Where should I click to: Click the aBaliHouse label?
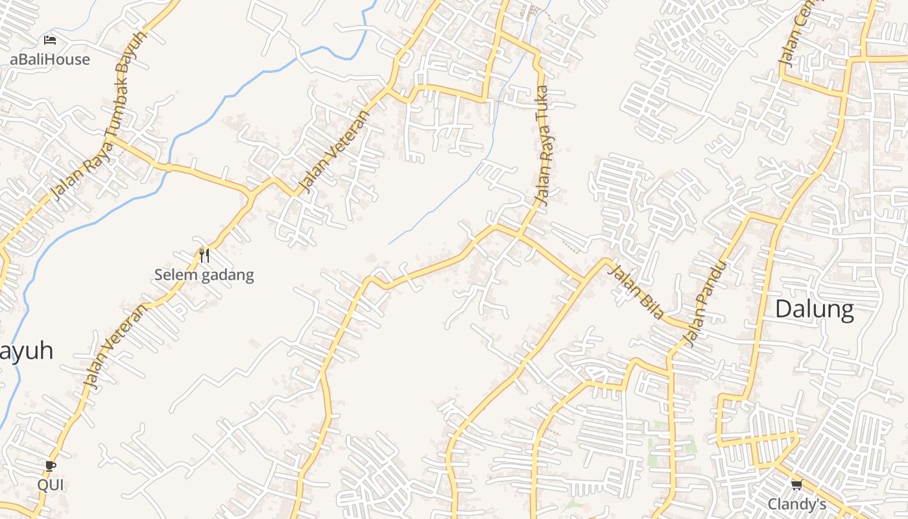[x=50, y=59]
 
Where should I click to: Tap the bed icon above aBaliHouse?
[x=50, y=40]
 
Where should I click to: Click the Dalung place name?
[x=815, y=309]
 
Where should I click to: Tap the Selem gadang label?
[x=204, y=275]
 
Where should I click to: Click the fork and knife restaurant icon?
[x=204, y=256]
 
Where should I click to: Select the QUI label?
[x=51, y=485]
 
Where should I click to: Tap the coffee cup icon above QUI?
[x=51, y=466]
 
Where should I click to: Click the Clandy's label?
[x=797, y=504]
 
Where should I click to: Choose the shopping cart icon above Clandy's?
[x=796, y=485]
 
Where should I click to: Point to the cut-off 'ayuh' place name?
[x=26, y=351]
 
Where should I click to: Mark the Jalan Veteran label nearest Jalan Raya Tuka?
[x=335, y=152]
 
